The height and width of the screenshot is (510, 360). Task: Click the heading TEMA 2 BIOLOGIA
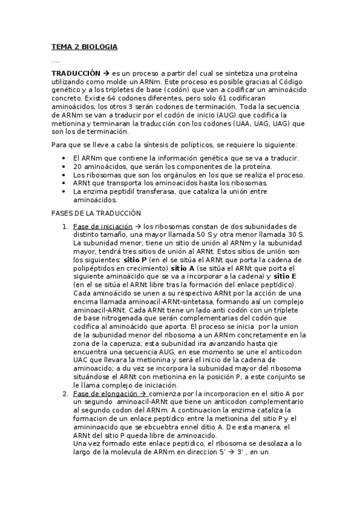point(84,46)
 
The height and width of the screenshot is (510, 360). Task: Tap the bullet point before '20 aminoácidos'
point(64,166)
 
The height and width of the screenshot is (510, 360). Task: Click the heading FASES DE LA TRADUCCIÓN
point(96,212)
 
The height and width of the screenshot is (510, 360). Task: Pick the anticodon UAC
point(81,360)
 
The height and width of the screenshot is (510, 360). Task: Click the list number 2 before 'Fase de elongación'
point(64,393)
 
